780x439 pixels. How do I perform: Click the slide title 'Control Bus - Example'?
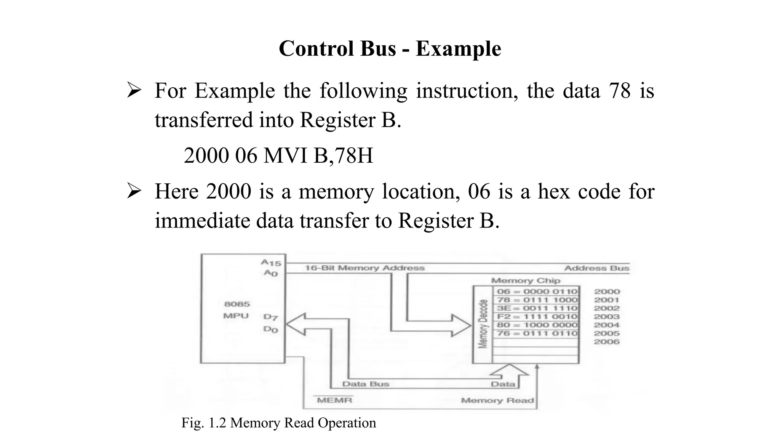click(x=390, y=49)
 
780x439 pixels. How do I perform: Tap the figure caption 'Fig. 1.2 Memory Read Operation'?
click(x=278, y=423)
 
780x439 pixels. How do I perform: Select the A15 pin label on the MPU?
click(x=271, y=263)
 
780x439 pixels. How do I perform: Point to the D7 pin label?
click(x=270, y=317)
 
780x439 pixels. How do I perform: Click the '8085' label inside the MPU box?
click(x=237, y=304)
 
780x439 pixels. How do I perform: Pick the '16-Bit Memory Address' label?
click(x=364, y=268)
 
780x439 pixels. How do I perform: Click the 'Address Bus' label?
click(x=596, y=268)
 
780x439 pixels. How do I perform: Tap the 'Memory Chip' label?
click(x=526, y=280)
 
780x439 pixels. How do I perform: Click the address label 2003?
click(x=607, y=317)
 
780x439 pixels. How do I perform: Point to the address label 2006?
click(x=607, y=342)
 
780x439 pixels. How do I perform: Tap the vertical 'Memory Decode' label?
click(x=483, y=324)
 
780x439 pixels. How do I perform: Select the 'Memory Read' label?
click(x=497, y=401)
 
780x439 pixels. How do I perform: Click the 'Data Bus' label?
click(x=366, y=384)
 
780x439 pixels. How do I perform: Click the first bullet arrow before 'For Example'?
click(x=134, y=91)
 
